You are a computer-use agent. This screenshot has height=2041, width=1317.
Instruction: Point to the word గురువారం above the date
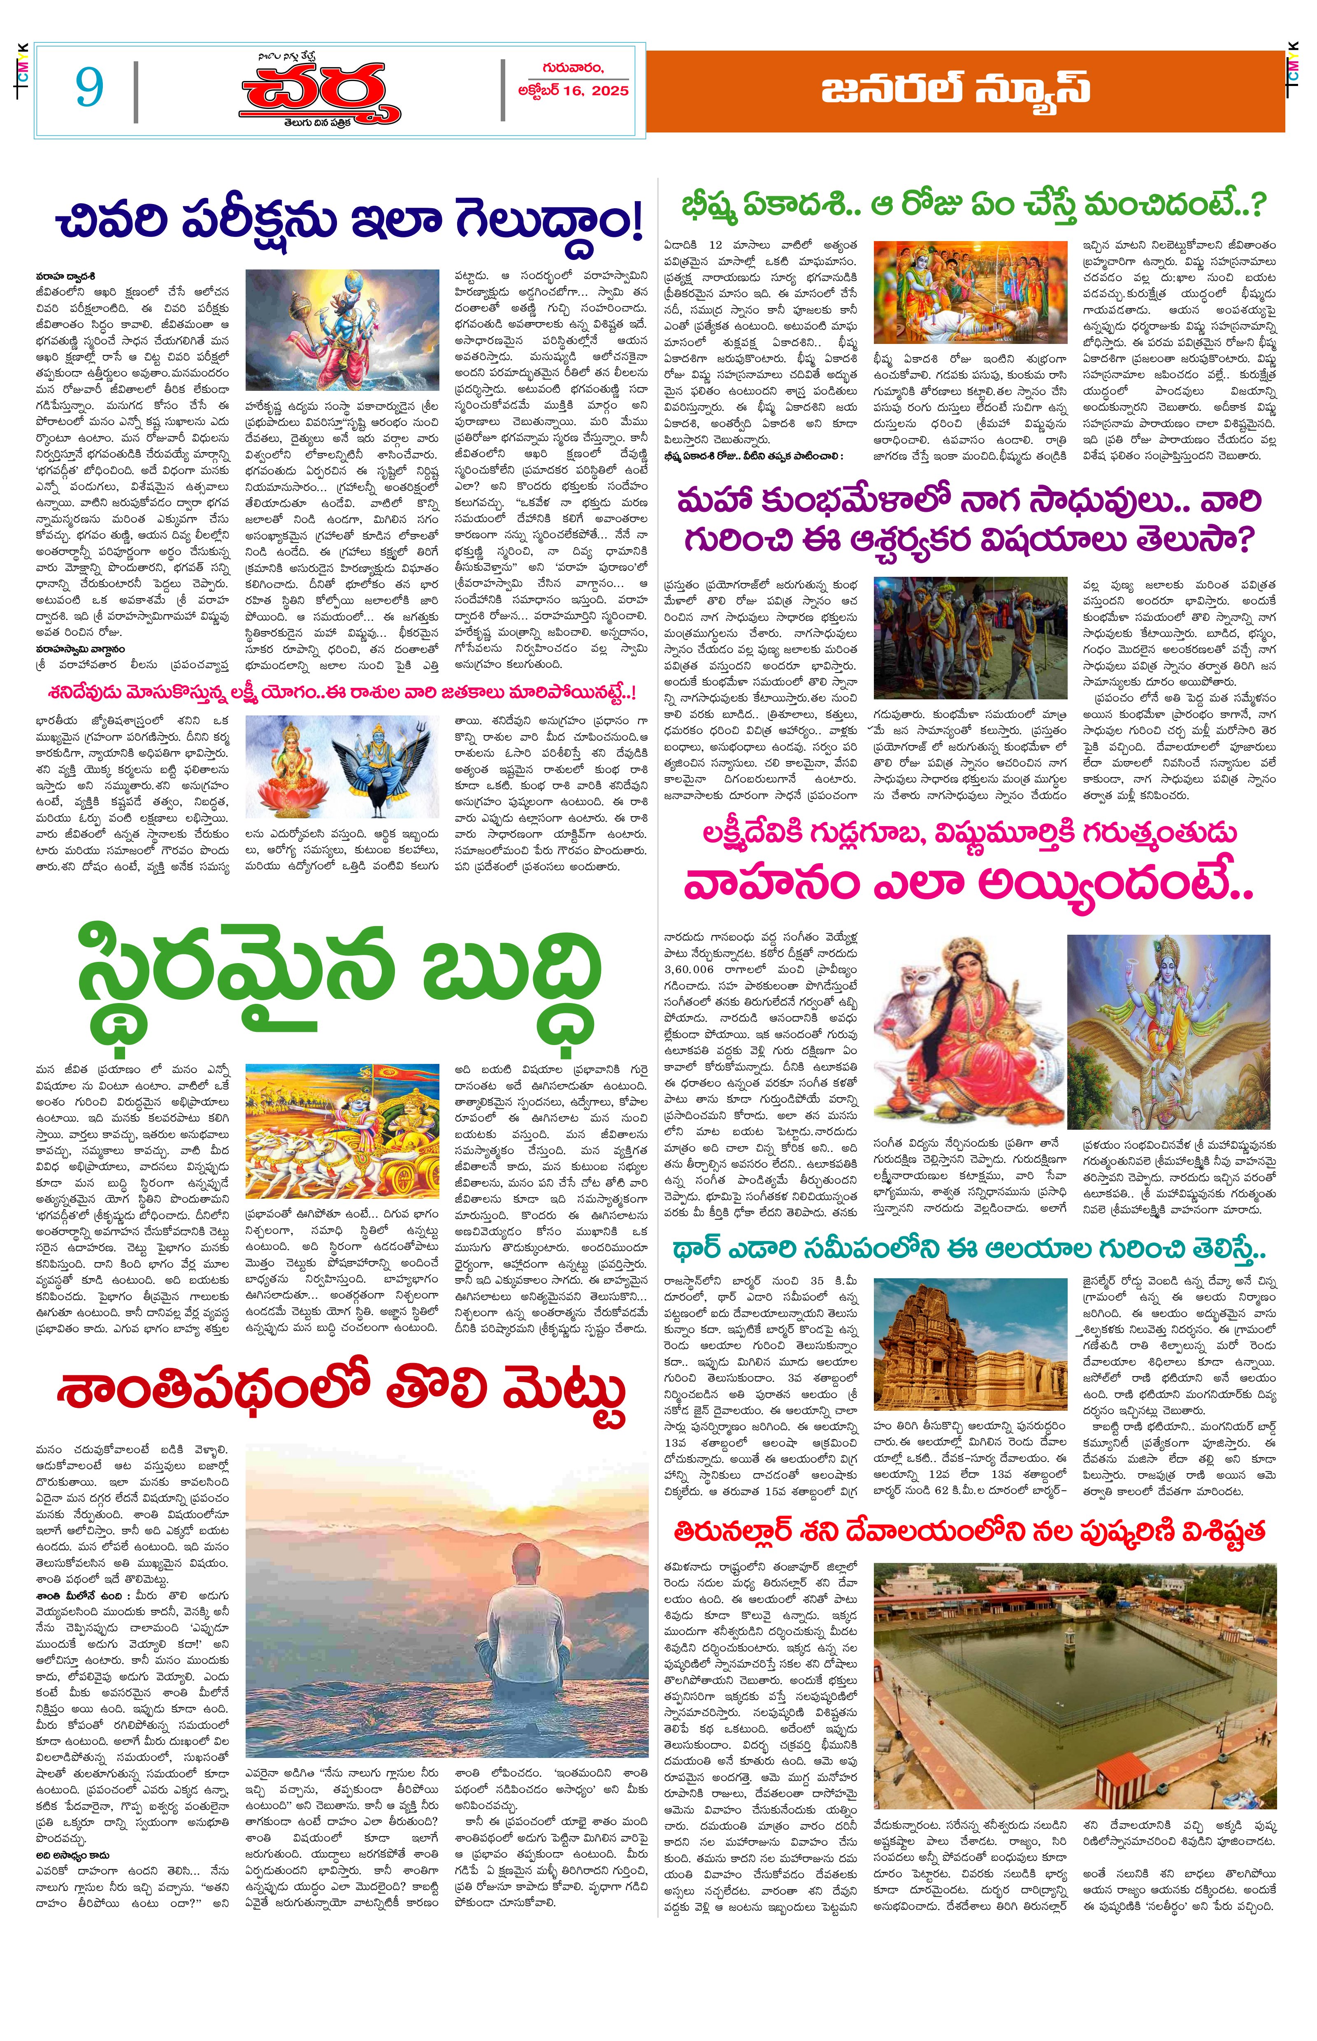pos(571,68)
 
